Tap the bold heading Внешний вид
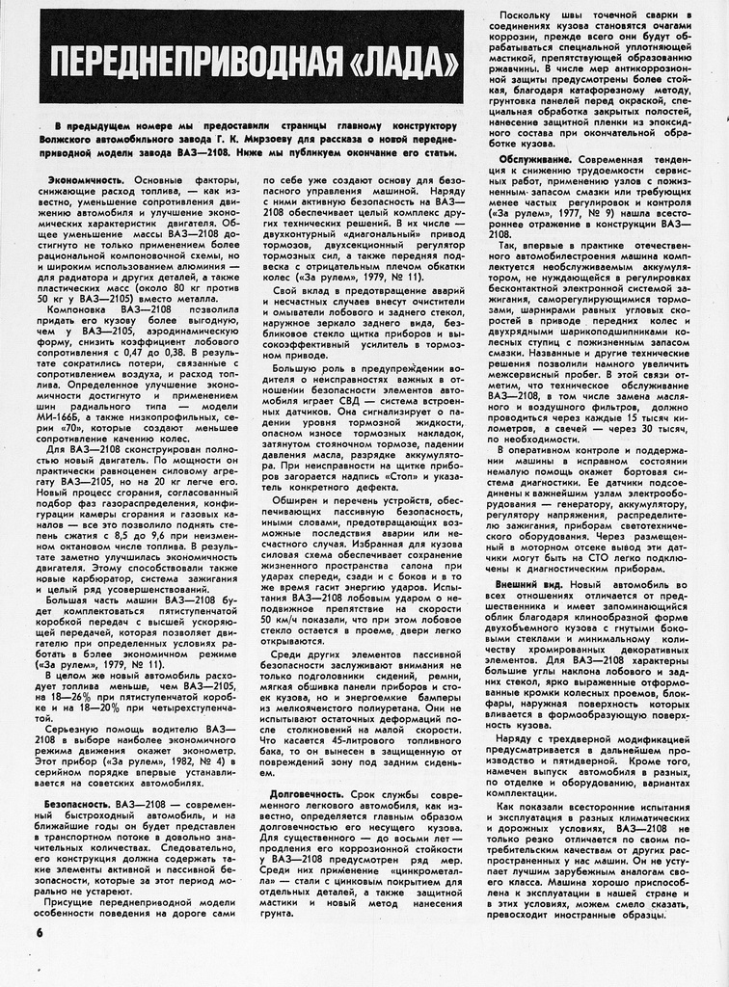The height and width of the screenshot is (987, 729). point(529,584)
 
